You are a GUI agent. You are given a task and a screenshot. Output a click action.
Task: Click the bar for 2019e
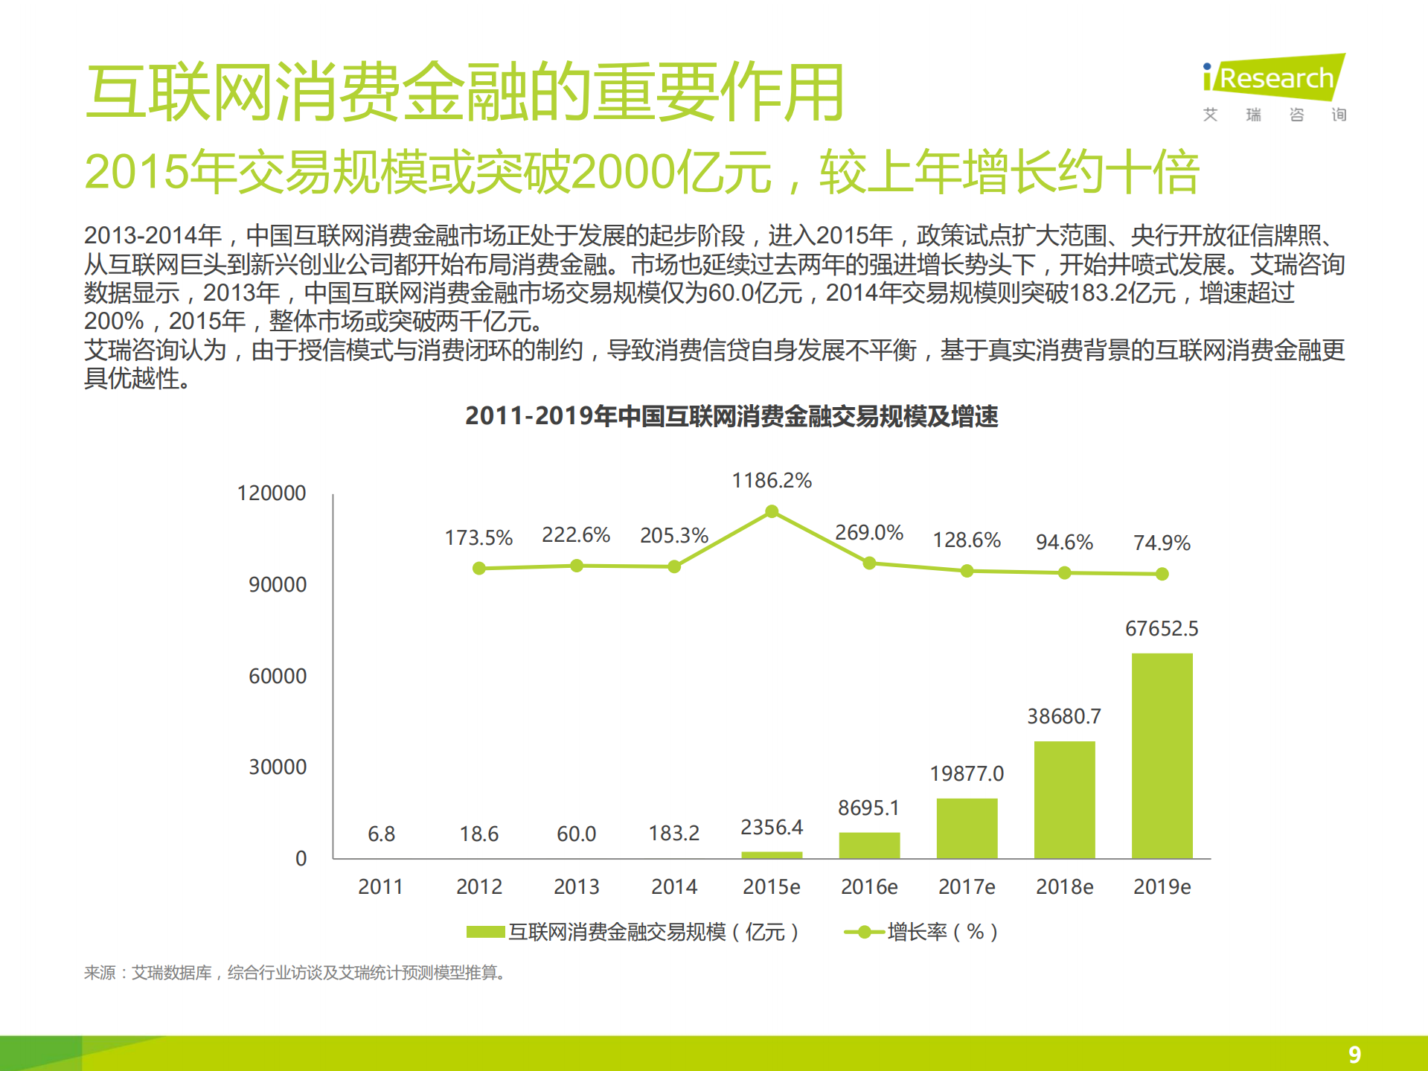(1162, 755)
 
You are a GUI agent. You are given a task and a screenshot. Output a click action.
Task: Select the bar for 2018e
(1064, 799)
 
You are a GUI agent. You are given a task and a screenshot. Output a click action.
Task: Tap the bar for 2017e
(967, 828)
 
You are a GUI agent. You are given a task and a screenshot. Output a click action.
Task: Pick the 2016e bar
(869, 845)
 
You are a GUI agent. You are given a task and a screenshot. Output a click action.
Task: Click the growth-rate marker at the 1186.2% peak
(772, 511)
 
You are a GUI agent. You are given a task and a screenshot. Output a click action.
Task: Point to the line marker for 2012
(479, 569)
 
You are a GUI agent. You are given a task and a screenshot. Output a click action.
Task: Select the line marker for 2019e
(1162, 574)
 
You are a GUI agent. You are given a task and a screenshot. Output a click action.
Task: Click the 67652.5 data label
(1161, 629)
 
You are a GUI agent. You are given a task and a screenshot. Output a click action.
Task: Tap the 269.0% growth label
(868, 533)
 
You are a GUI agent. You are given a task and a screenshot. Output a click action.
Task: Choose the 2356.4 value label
(772, 827)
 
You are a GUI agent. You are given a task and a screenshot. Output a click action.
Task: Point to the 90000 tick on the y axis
(277, 585)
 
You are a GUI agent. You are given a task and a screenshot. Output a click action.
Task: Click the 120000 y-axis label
(271, 493)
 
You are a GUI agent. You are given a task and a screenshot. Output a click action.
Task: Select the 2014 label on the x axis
(674, 886)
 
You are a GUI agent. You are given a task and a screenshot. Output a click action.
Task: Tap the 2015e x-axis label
(772, 886)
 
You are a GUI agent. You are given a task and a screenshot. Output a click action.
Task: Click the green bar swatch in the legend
(485, 932)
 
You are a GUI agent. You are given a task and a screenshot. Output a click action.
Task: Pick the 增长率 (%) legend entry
(941, 932)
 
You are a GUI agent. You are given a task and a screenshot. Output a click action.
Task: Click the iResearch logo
(1273, 77)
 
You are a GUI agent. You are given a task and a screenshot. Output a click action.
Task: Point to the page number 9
(1354, 1054)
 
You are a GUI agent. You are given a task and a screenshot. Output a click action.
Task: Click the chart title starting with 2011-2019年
(731, 416)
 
